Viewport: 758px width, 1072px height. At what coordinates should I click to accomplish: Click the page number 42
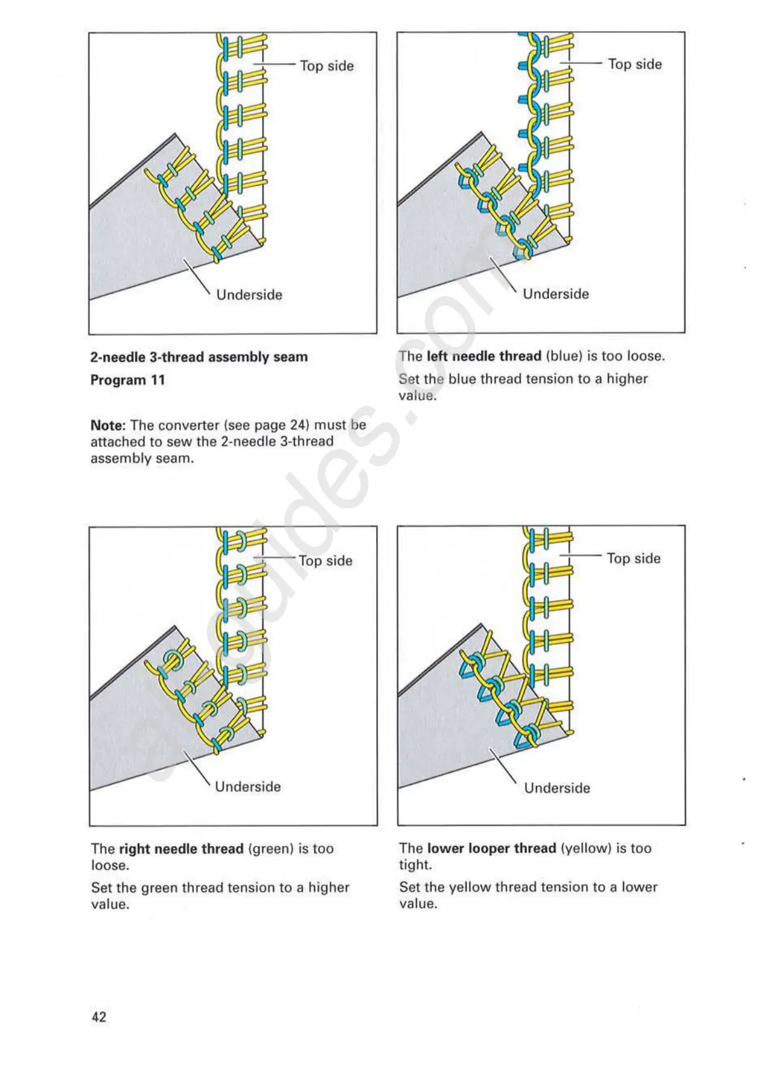(99, 1017)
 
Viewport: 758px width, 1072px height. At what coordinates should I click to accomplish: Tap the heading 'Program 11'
(127, 380)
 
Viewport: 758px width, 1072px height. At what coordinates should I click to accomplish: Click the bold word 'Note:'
(108, 425)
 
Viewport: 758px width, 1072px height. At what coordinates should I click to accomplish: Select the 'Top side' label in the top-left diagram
(326, 66)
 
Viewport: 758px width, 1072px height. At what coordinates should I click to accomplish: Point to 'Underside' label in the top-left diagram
(249, 295)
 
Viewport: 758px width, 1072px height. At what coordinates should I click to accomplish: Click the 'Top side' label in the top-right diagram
(635, 64)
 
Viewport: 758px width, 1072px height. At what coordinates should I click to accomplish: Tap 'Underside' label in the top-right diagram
(556, 294)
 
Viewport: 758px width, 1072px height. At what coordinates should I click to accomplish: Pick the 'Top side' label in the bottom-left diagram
(325, 561)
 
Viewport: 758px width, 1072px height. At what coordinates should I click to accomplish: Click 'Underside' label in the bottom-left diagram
(248, 787)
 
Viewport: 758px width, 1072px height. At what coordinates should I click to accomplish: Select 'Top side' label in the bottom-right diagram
(633, 558)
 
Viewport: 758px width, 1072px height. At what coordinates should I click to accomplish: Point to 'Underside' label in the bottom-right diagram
(557, 788)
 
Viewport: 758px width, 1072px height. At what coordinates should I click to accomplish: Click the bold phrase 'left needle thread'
(484, 356)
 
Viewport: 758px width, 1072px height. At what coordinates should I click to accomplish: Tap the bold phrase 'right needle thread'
(181, 849)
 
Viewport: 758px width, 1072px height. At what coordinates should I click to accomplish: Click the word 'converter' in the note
(189, 425)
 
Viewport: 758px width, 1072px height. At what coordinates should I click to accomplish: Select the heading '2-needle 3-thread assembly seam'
(199, 357)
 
